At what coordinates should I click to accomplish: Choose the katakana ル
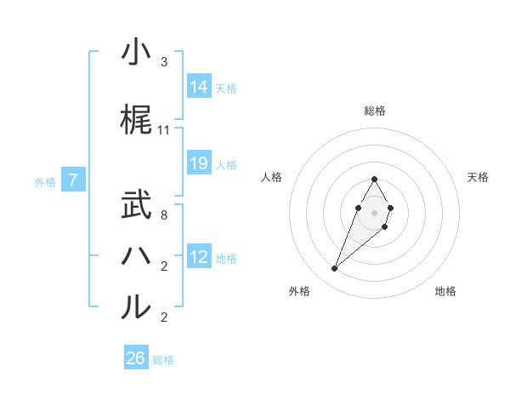click(x=136, y=306)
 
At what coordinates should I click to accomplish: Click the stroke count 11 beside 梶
click(x=164, y=130)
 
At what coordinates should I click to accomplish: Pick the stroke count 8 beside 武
click(x=164, y=215)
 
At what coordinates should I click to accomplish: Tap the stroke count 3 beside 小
click(x=164, y=62)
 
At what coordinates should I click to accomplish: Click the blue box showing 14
click(x=199, y=87)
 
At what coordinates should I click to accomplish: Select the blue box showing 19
click(x=199, y=163)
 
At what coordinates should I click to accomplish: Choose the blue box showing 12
click(x=199, y=257)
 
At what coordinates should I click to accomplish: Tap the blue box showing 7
click(x=74, y=180)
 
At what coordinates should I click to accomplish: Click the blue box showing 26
click(x=136, y=358)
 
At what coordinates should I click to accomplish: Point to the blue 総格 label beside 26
click(x=163, y=360)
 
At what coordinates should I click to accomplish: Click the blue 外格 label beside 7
click(x=45, y=181)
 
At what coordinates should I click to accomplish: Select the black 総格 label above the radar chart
click(x=375, y=111)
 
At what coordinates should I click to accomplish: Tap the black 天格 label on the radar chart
click(x=478, y=177)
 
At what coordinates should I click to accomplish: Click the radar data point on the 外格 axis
click(x=334, y=269)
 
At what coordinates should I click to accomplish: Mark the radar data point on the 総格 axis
click(x=374, y=180)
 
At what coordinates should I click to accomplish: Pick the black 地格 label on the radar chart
click(x=445, y=291)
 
